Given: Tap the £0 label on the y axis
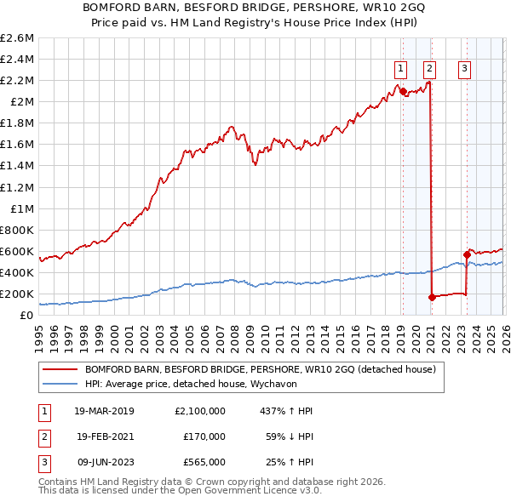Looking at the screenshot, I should [x=27, y=315].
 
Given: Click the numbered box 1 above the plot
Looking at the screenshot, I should [x=399, y=70].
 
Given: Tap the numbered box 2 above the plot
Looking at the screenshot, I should [x=429, y=70].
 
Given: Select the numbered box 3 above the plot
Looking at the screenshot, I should [x=465, y=70].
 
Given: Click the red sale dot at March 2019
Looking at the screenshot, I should [x=403, y=91].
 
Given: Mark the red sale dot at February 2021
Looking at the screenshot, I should [x=432, y=297].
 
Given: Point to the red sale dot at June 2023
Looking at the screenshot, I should [x=467, y=254].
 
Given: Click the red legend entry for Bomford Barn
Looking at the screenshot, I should [x=260, y=369].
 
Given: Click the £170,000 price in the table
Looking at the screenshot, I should [x=204, y=436].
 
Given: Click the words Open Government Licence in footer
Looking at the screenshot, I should [x=244, y=491].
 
